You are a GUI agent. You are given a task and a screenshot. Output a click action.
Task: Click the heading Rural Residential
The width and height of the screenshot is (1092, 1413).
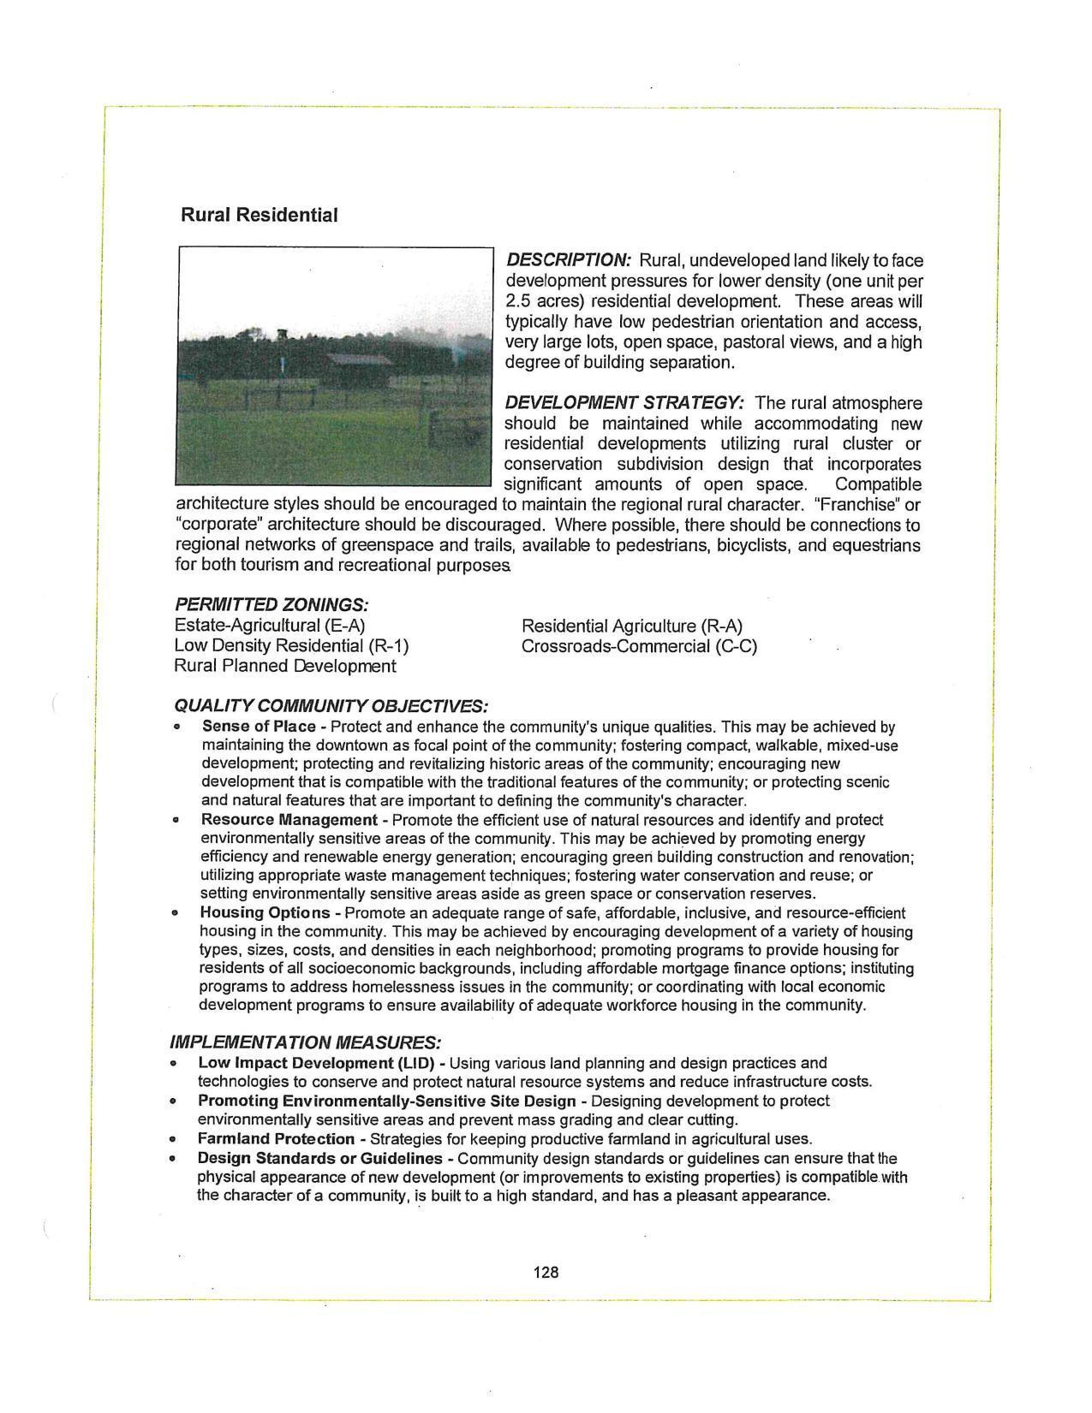tap(259, 215)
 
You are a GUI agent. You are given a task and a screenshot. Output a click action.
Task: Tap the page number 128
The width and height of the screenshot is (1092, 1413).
tap(546, 1272)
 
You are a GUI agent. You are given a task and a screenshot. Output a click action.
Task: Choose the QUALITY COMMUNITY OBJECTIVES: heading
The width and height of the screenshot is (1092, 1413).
tap(331, 706)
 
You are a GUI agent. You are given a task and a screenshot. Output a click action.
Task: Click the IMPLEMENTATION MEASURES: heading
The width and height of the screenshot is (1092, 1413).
tap(306, 1042)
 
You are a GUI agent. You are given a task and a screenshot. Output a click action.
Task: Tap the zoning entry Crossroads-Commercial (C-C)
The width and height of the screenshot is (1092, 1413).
tap(639, 646)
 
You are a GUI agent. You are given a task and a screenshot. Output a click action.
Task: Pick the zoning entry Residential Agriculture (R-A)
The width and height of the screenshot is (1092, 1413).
tap(631, 626)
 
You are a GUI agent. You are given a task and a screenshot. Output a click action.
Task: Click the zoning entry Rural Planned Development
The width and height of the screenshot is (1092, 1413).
tap(285, 666)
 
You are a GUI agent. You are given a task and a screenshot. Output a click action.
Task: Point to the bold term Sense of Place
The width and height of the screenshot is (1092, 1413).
tap(259, 727)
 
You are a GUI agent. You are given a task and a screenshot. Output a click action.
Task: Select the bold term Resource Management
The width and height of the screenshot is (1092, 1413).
tap(289, 820)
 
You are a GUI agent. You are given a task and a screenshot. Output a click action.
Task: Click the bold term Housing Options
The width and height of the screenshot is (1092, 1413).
tap(265, 912)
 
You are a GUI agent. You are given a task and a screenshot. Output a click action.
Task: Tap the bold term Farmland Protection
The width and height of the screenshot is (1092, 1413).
tap(276, 1139)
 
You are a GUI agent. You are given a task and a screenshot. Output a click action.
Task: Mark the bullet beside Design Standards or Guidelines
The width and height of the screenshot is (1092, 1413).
tap(174, 1159)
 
